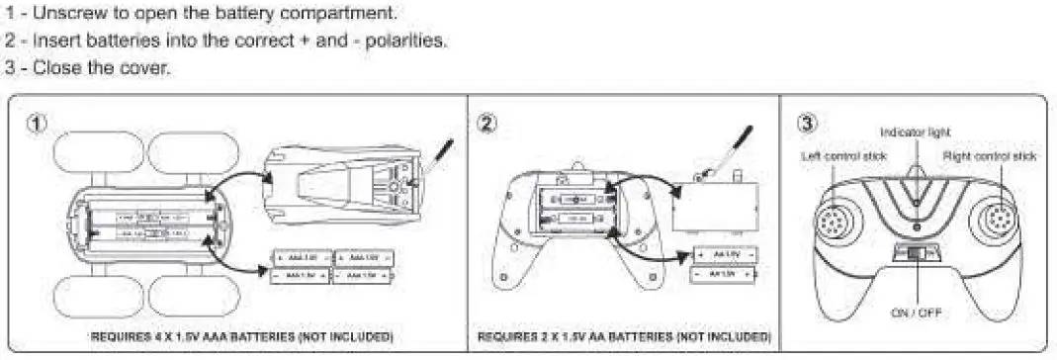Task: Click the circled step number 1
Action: pos(37,124)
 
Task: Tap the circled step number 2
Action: pos(486,124)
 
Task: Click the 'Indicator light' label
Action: pos(915,132)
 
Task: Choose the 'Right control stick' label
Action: pos(990,156)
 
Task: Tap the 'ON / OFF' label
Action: pos(917,313)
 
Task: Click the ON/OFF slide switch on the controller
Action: pos(917,255)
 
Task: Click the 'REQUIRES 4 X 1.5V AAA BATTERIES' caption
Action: pos(241,336)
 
